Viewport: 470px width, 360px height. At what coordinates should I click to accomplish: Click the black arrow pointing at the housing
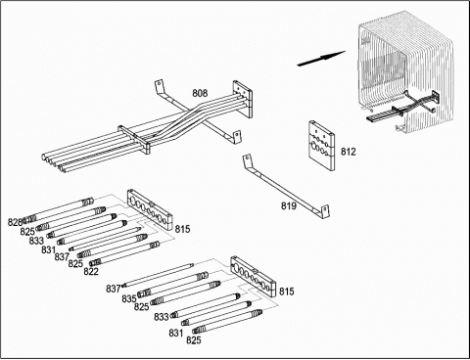pyautogui.click(x=321, y=58)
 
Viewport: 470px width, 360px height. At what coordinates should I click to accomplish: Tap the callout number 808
pyautogui.click(x=200, y=93)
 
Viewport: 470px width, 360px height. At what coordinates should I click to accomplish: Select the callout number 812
pyautogui.click(x=349, y=152)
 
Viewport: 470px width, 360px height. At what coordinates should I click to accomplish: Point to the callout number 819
pyautogui.click(x=289, y=205)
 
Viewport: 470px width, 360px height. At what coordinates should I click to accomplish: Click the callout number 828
pyautogui.click(x=16, y=222)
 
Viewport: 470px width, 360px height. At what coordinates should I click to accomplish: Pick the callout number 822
pyautogui.click(x=91, y=271)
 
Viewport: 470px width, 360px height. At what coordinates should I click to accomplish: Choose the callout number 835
pyautogui.click(x=129, y=298)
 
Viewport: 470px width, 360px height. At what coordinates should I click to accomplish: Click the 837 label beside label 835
pyautogui.click(x=114, y=289)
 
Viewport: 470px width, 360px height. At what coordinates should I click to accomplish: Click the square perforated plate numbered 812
pyautogui.click(x=322, y=146)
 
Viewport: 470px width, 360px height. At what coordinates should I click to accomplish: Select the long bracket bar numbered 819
pyautogui.click(x=286, y=186)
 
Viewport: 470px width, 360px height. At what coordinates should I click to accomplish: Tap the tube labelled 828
pyautogui.click(x=59, y=209)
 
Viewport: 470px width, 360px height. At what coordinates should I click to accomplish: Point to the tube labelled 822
pyautogui.click(x=124, y=253)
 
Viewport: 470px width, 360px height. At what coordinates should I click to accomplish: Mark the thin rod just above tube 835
pyautogui.click(x=158, y=275)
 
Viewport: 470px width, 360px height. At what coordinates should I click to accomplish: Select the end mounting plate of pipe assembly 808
pyautogui.click(x=243, y=99)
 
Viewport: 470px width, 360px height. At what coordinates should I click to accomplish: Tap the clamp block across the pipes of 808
pyautogui.click(x=134, y=139)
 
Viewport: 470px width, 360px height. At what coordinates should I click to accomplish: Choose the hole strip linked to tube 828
pyautogui.click(x=150, y=209)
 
